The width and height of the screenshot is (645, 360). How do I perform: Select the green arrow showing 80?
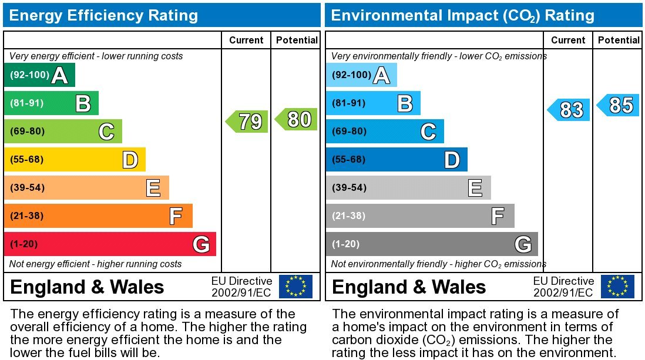click(x=297, y=119)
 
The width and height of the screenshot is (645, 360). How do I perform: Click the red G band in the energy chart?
click(x=110, y=244)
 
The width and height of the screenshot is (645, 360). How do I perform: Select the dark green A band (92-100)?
click(x=39, y=75)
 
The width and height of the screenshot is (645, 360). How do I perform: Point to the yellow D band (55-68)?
click(x=75, y=160)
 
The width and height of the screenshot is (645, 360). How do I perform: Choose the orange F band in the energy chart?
click(x=98, y=216)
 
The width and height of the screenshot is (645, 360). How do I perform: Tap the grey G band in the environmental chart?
click(x=431, y=244)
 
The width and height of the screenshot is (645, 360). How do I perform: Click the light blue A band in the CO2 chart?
click(x=361, y=75)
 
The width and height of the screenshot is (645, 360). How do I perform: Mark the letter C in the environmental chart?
click(x=428, y=132)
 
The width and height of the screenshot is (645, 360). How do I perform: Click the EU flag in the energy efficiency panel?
click(x=295, y=287)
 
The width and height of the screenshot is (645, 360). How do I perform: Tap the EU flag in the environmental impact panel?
click(x=617, y=287)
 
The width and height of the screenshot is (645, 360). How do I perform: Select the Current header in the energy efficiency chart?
click(x=246, y=40)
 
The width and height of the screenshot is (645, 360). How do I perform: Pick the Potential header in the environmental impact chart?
click(x=619, y=40)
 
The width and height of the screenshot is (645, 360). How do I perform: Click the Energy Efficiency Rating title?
click(x=104, y=15)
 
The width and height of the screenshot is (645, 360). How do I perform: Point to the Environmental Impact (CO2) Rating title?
click(x=463, y=15)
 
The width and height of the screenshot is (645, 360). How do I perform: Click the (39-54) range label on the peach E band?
click(x=27, y=188)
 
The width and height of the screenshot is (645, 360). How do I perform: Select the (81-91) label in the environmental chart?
click(x=349, y=103)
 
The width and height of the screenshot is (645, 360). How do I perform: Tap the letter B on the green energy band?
click(x=83, y=104)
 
